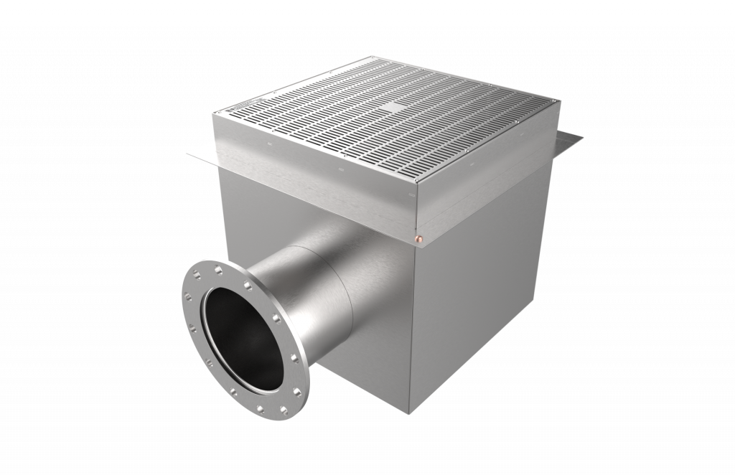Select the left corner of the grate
(218, 113)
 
